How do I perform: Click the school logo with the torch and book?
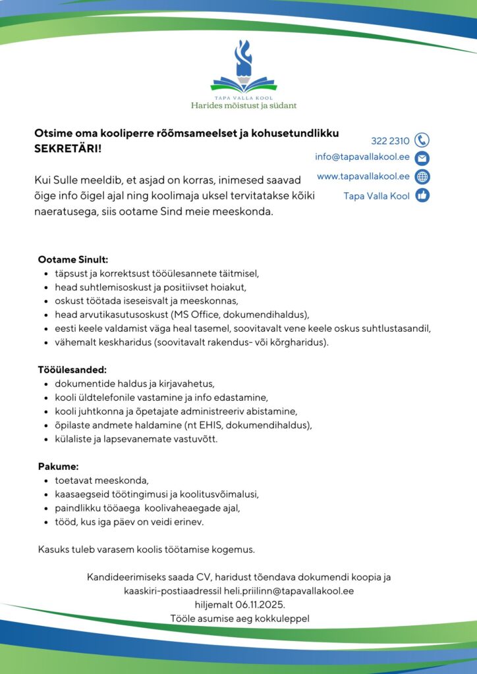[244, 68]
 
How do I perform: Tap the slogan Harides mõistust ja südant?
[244, 105]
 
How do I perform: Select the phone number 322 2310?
[390, 141]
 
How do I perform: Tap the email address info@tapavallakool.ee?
[362, 157]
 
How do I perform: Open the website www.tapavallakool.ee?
[363, 176]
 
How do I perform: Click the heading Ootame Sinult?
[72, 259]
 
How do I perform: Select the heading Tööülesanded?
[72, 370]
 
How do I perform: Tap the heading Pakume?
[58, 467]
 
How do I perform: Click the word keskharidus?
[122, 342]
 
